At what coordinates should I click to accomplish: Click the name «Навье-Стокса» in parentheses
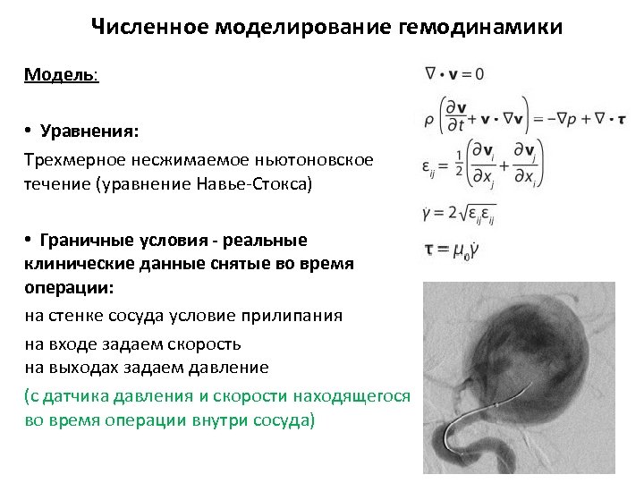[260, 185]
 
